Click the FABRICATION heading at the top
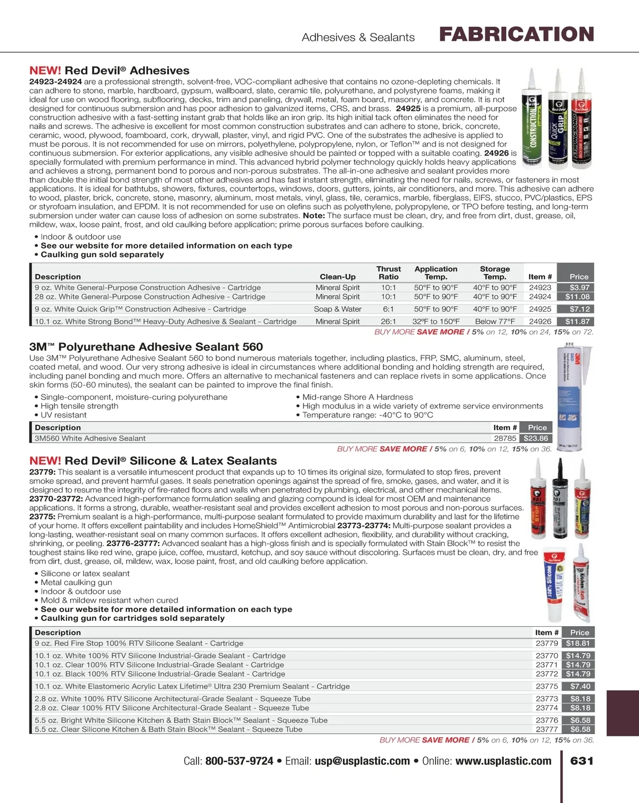coord(516,35)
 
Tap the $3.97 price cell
coord(579,288)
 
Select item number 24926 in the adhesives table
coord(539,322)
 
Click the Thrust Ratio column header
coord(388,273)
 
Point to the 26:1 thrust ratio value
coord(388,322)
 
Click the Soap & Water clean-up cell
coord(337,309)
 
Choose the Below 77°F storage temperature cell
coord(495,322)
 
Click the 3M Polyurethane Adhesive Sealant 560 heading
coord(146,347)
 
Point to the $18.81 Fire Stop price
coord(578,643)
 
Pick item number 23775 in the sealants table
coord(546,686)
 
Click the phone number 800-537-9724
coord(239,761)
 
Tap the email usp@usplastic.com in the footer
coord(362,761)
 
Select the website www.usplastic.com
coord(503,761)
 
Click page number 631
coord(581,761)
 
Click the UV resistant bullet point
coord(63,415)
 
